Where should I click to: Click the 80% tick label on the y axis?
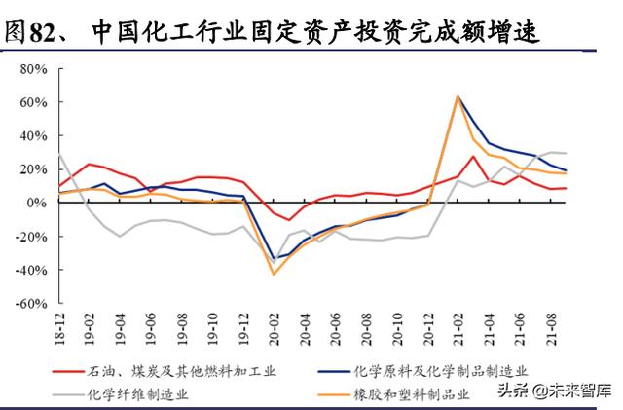[36, 69]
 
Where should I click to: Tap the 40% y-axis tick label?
[36, 135]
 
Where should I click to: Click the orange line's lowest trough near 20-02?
[274, 274]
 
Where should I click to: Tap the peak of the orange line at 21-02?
[458, 96]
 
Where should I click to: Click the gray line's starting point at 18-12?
[60, 154]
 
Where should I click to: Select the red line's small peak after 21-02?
[473, 156]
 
